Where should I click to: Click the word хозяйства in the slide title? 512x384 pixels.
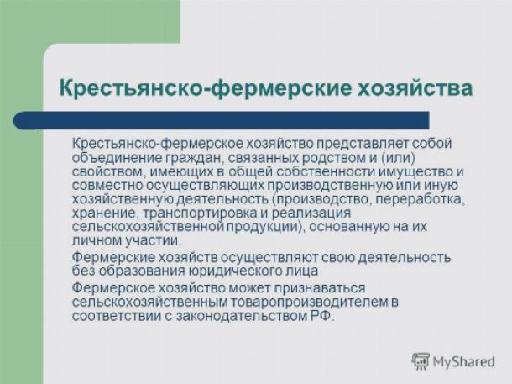pos(415,87)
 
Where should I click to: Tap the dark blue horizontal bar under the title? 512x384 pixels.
pos(221,120)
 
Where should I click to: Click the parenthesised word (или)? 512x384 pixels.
pos(397,157)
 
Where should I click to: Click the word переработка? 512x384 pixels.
pos(421,199)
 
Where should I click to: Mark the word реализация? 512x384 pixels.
pos(311,213)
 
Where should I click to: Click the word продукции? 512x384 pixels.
pos(265,227)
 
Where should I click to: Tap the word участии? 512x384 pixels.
pos(153,241)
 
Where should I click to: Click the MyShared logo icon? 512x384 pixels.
pos(420,361)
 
